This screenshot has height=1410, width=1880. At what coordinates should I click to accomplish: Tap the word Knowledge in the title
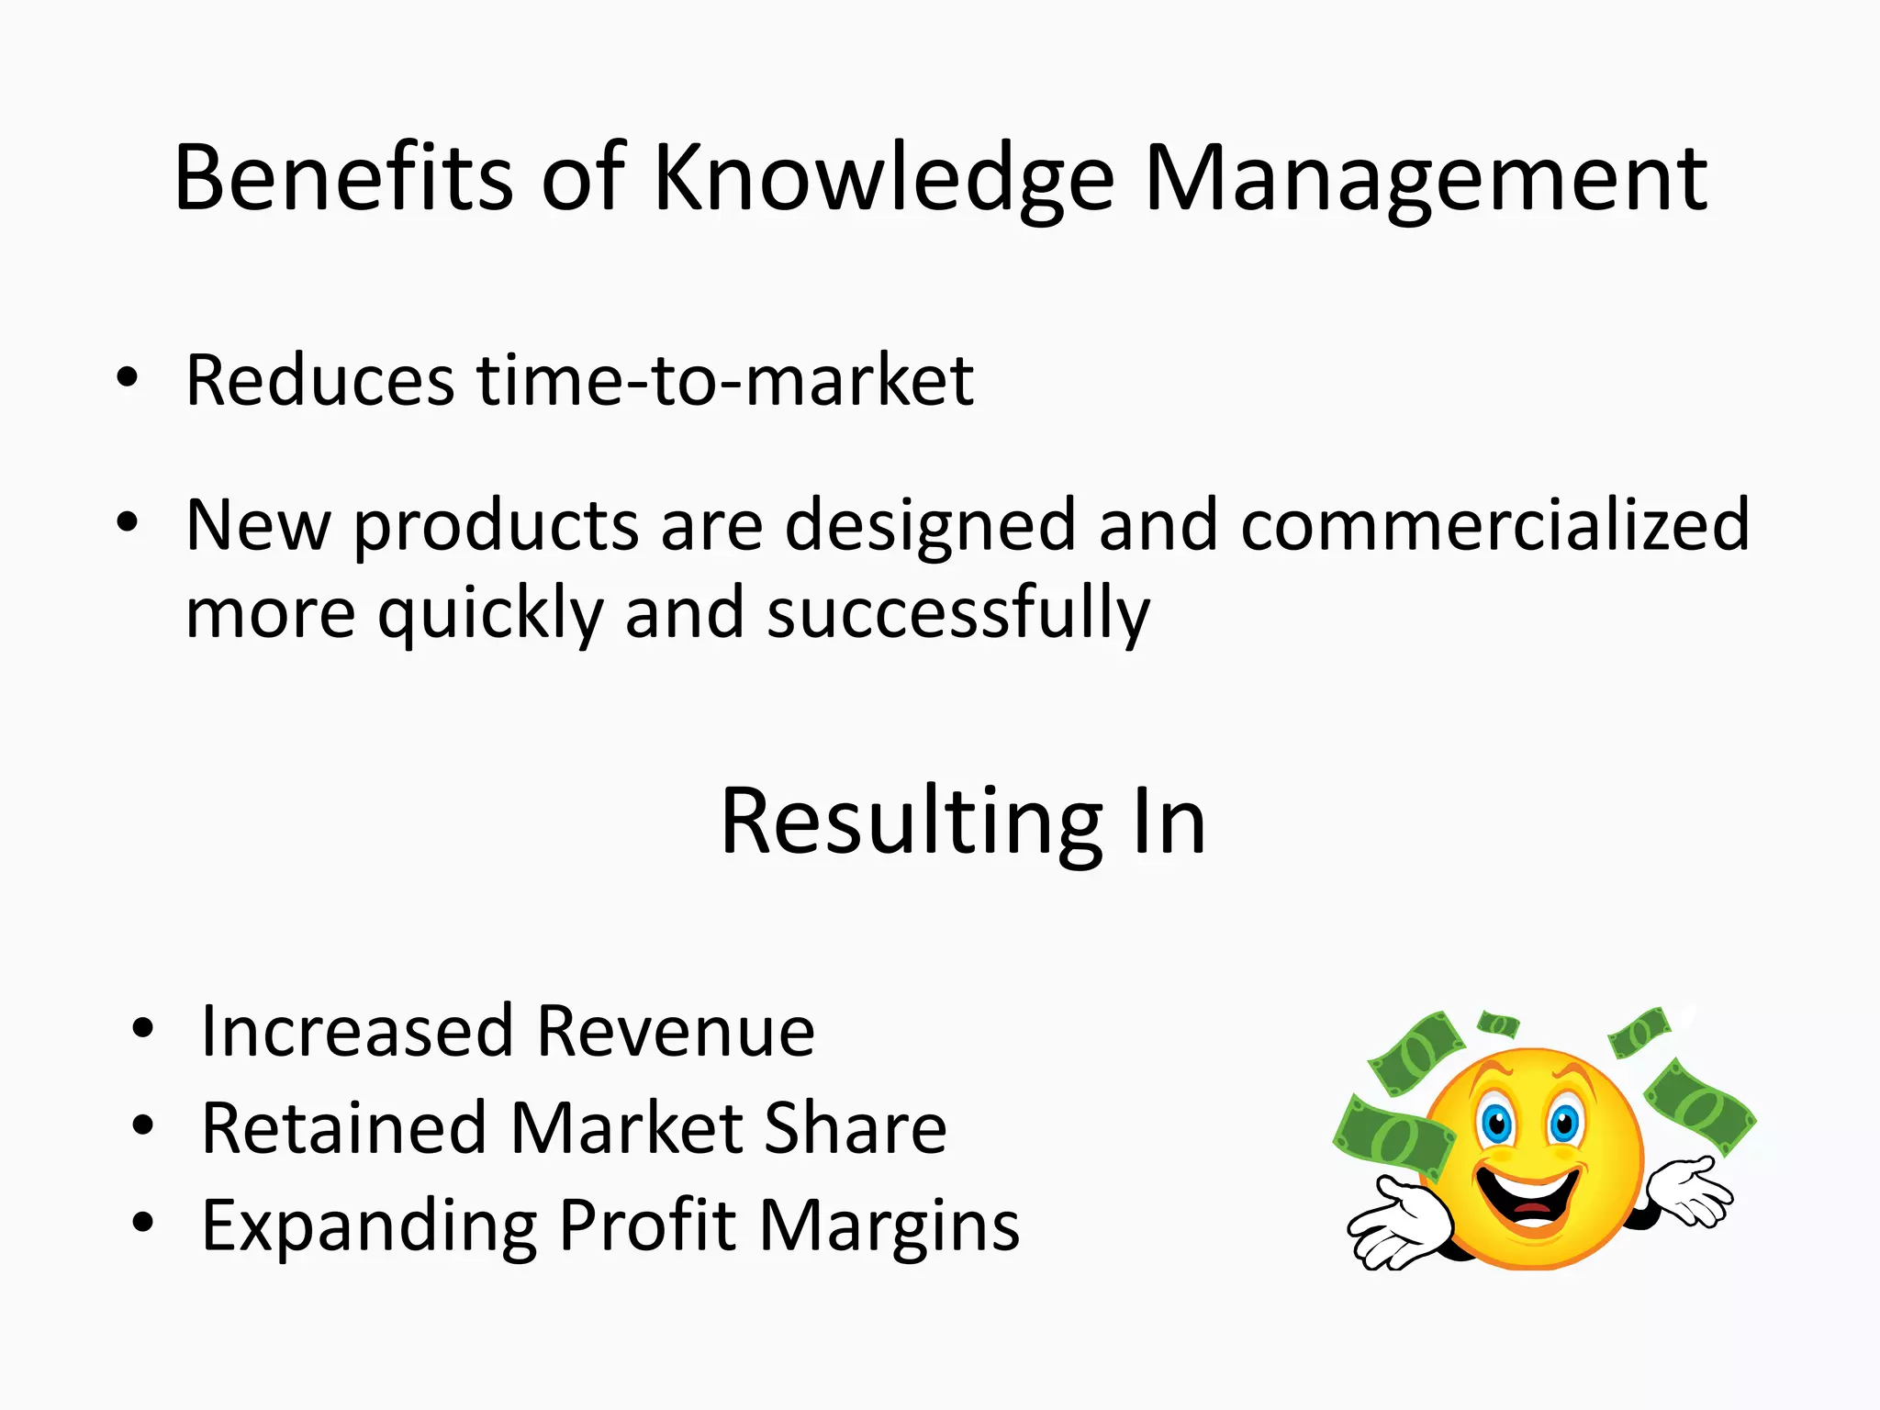883,179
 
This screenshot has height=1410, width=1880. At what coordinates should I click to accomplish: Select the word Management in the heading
1426,179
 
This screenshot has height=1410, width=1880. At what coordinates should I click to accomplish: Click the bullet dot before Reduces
128,377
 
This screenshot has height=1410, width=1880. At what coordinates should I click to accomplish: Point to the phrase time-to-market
724,380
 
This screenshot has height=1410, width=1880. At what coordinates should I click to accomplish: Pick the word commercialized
1495,524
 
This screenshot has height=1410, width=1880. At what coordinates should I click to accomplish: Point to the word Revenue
676,1031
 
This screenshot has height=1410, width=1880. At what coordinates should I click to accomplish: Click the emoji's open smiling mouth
1528,1195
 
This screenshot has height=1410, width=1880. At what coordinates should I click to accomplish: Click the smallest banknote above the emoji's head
1498,1023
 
